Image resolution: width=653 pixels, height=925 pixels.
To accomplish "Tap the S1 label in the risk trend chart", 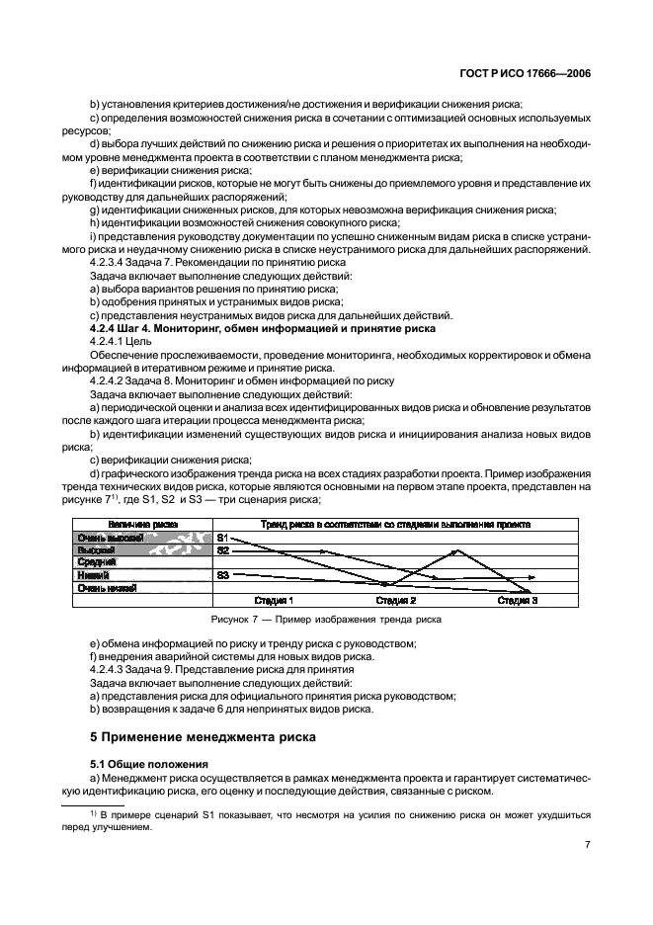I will (x=222, y=537).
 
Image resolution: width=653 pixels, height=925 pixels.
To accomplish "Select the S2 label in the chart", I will (x=223, y=549).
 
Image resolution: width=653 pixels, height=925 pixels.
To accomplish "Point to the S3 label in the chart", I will (x=223, y=574).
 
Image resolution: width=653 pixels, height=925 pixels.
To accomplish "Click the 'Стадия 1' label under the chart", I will (x=274, y=600).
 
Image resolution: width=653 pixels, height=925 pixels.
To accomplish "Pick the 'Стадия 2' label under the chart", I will (x=396, y=600).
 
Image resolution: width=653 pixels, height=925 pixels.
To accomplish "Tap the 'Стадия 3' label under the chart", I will (x=517, y=600).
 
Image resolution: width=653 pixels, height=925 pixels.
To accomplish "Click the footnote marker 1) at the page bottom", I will (x=94, y=812).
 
